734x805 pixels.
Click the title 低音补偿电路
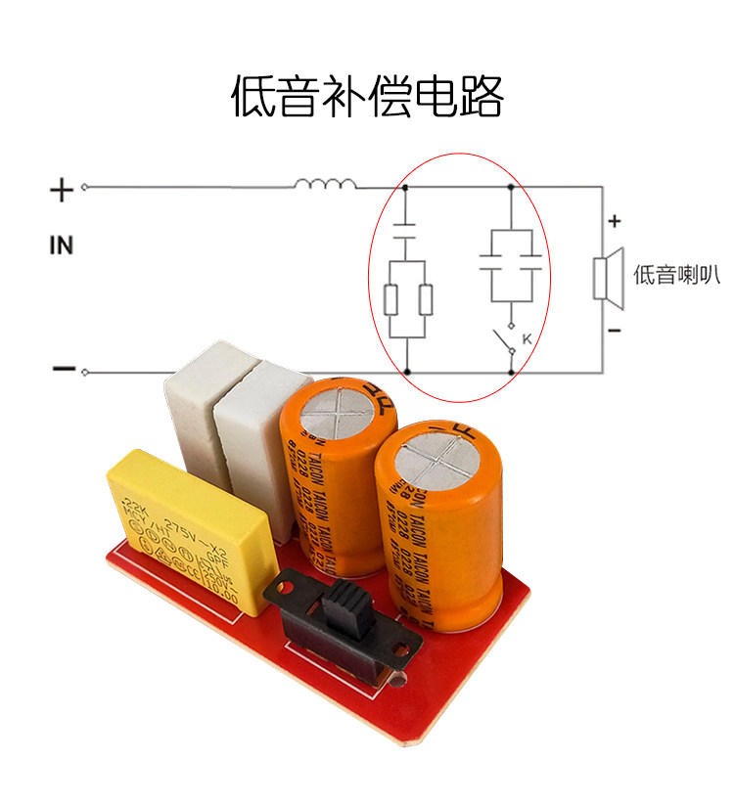click(367, 98)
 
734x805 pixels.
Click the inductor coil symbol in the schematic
click(325, 184)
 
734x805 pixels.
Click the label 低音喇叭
click(675, 275)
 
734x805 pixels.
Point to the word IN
click(62, 246)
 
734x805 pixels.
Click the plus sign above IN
click(62, 190)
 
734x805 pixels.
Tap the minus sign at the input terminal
click(63, 369)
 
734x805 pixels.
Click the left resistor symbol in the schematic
click(390, 300)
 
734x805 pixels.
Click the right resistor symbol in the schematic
click(425, 300)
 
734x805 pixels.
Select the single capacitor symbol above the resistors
click(406, 236)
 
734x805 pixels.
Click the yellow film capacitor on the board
click(186, 533)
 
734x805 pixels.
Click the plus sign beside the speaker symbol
click(614, 221)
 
